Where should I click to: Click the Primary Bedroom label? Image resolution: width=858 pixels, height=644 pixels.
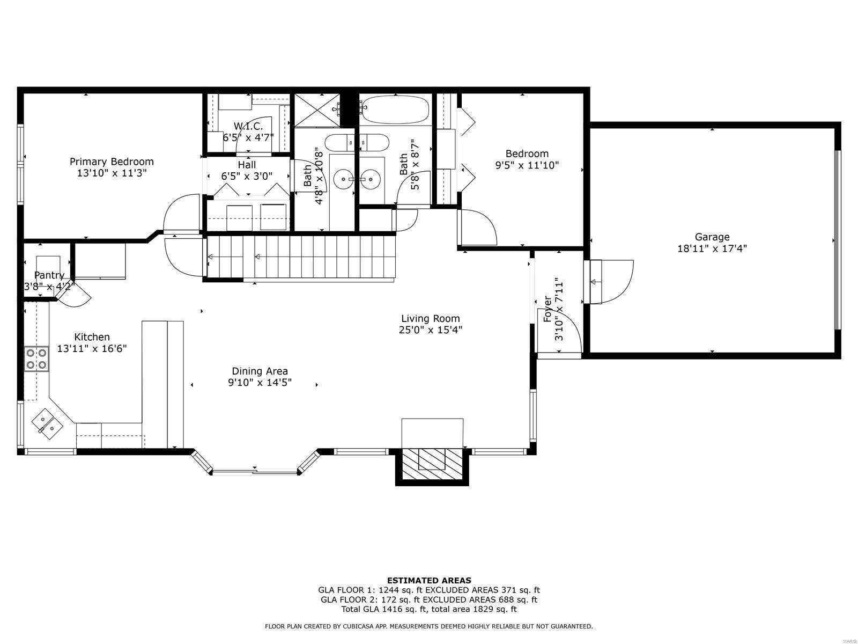tap(112, 162)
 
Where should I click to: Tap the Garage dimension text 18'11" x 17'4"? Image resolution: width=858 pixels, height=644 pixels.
tap(712, 248)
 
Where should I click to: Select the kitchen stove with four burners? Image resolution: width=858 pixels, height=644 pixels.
tap(36, 358)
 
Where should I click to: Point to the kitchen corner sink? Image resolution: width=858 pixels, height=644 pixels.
tap(47, 424)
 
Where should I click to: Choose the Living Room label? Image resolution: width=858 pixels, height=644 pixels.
tap(431, 318)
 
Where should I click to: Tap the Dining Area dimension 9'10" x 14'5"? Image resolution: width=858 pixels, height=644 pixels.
tap(260, 382)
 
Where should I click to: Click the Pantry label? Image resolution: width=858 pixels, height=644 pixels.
tap(49, 275)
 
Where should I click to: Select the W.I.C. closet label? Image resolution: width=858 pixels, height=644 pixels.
tap(248, 126)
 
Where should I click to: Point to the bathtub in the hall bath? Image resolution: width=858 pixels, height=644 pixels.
tap(395, 109)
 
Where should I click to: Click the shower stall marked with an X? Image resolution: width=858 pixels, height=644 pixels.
tap(317, 110)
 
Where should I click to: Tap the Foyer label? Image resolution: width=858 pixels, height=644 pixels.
tap(548, 309)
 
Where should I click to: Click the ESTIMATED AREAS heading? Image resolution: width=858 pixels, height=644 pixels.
tap(429, 581)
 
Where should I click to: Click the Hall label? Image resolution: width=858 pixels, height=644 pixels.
tap(247, 165)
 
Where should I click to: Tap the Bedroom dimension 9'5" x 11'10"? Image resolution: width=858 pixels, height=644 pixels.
tap(527, 165)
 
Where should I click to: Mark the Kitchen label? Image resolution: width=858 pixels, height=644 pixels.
tap(92, 336)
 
